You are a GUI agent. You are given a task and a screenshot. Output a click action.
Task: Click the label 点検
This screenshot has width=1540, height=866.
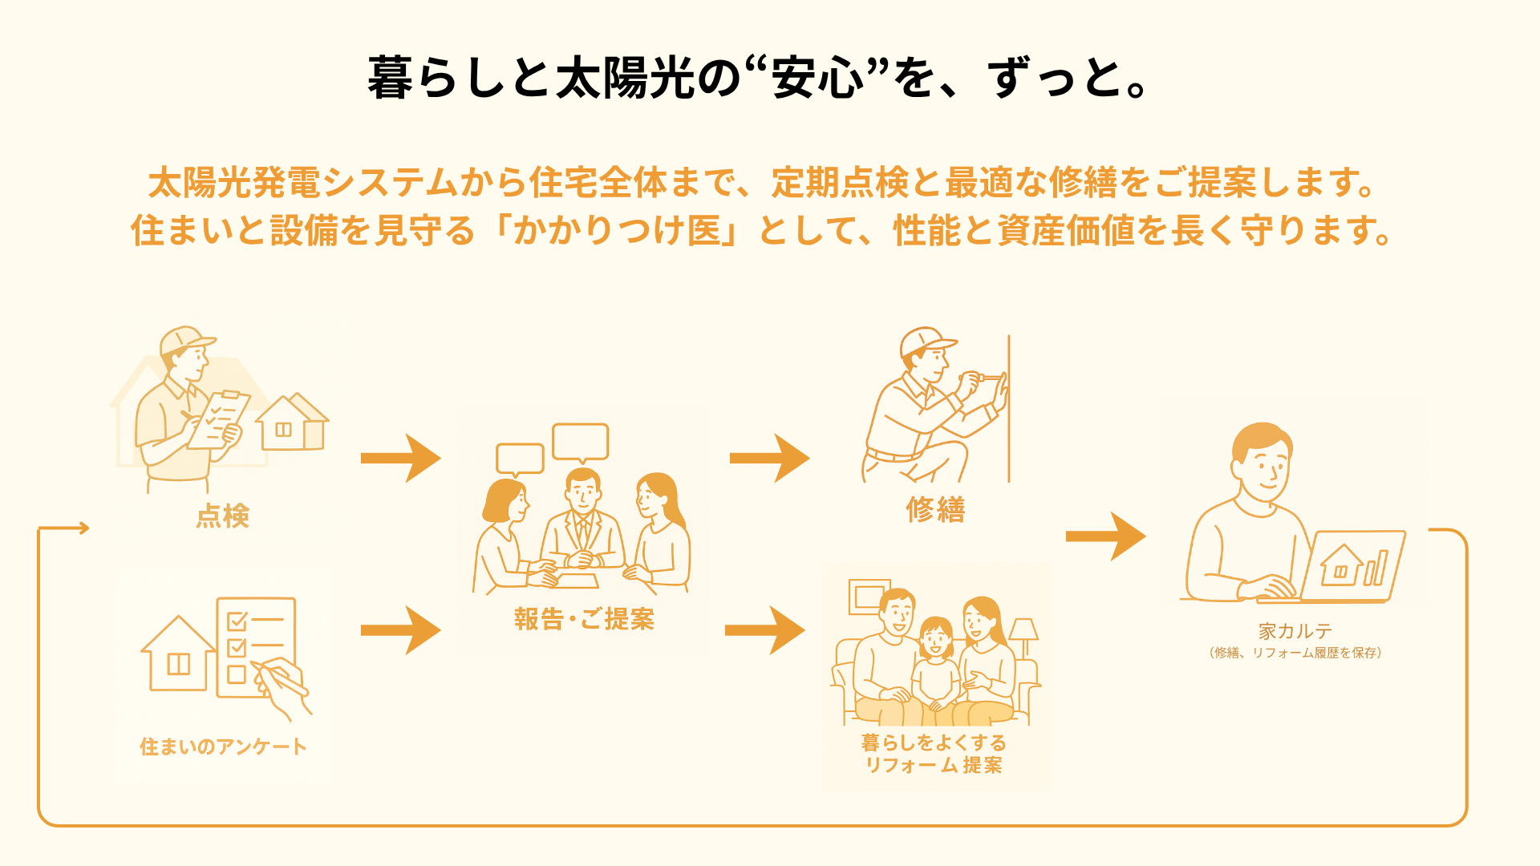(x=223, y=516)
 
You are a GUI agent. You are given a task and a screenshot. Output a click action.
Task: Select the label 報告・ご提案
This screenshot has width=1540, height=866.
(x=584, y=619)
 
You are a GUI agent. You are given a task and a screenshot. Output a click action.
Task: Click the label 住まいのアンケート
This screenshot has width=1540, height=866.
(x=223, y=747)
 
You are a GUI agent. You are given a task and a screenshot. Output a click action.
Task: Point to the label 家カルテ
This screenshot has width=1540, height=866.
(x=1295, y=631)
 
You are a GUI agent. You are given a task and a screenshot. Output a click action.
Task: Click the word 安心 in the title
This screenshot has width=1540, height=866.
(x=818, y=79)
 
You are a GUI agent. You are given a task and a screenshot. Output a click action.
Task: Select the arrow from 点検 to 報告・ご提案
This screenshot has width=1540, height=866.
(x=400, y=458)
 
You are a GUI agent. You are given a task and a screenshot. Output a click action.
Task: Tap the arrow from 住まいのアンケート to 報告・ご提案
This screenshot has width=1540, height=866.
(x=400, y=630)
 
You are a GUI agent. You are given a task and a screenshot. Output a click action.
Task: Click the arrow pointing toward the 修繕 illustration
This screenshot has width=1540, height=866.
(x=769, y=458)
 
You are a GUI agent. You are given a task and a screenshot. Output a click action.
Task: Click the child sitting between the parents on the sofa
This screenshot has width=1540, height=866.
(x=935, y=666)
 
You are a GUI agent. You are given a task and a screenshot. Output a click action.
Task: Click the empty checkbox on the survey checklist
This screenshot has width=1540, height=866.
(x=237, y=674)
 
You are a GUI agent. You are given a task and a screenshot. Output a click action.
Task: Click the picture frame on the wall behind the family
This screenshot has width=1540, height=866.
(x=869, y=596)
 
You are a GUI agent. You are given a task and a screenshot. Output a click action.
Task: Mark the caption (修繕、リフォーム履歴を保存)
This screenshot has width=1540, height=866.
(x=1295, y=653)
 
